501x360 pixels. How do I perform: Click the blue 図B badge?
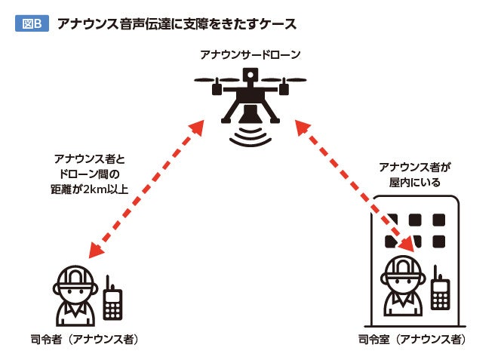click(x=32, y=23)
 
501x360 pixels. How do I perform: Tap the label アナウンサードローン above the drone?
click(x=250, y=54)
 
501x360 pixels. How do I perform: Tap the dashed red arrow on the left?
click(x=146, y=189)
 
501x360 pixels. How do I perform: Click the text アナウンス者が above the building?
click(x=408, y=167)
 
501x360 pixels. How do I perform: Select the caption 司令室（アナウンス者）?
click(x=410, y=340)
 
